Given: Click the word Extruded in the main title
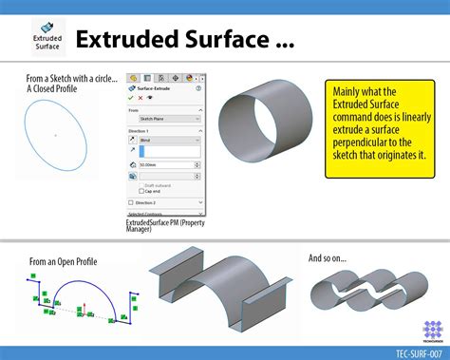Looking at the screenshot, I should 129,40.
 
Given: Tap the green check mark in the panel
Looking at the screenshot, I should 131,96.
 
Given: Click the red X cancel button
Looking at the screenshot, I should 141,96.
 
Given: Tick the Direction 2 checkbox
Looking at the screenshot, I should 132,202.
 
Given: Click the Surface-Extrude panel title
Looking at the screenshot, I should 165,86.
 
